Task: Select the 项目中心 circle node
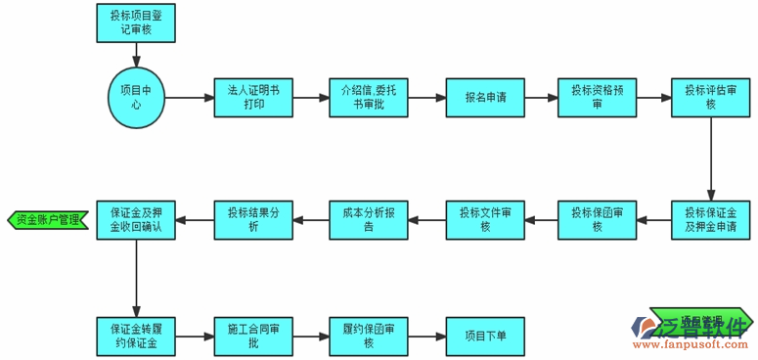(137, 98)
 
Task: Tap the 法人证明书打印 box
(253, 98)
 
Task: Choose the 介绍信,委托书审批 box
(369, 98)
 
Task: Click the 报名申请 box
(485, 98)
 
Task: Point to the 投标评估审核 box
(711, 98)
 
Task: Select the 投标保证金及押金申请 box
(711, 221)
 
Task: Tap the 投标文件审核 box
(485, 221)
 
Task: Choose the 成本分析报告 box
(369, 221)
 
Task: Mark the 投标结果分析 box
(253, 221)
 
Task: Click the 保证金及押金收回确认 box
(137, 221)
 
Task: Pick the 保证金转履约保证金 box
(137, 336)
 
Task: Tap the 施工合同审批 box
(253, 336)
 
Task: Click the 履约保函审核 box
(369, 336)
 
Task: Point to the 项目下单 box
(485, 336)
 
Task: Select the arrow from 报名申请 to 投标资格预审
(541, 98)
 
